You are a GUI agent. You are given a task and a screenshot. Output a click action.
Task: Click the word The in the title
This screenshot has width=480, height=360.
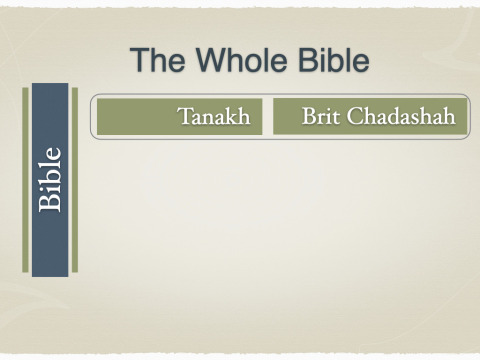[157, 60]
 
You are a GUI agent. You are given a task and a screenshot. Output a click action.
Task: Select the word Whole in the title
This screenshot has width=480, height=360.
[241, 60]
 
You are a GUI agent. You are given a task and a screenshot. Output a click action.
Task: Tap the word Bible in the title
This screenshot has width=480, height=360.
[333, 60]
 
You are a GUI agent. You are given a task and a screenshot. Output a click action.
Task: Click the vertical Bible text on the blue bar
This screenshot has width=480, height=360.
[50, 180]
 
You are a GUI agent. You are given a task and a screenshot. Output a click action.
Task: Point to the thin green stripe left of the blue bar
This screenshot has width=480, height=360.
[25, 180]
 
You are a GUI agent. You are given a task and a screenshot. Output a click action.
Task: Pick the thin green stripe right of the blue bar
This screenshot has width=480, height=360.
[75, 180]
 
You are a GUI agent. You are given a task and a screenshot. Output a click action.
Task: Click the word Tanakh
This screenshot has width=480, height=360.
[214, 116]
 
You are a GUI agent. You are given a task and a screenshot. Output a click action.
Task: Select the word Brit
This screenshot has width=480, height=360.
[321, 116]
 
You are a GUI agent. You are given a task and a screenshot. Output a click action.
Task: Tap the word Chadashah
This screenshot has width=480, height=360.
[401, 116]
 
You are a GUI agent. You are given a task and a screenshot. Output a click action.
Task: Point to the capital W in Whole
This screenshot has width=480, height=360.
[212, 60]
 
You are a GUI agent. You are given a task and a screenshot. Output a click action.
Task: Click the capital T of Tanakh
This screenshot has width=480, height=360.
[184, 116]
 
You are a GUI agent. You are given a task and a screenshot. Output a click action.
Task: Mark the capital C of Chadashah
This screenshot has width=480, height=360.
[355, 116]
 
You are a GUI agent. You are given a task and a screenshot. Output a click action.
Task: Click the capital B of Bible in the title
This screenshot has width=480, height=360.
[307, 60]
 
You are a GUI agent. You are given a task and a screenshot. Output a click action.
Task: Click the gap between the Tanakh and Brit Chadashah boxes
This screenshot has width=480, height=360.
[268, 116]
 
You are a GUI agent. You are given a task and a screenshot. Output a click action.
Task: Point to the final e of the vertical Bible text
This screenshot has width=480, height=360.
[54, 154]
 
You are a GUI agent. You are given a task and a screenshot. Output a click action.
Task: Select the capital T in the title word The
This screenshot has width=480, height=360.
[138, 60]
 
